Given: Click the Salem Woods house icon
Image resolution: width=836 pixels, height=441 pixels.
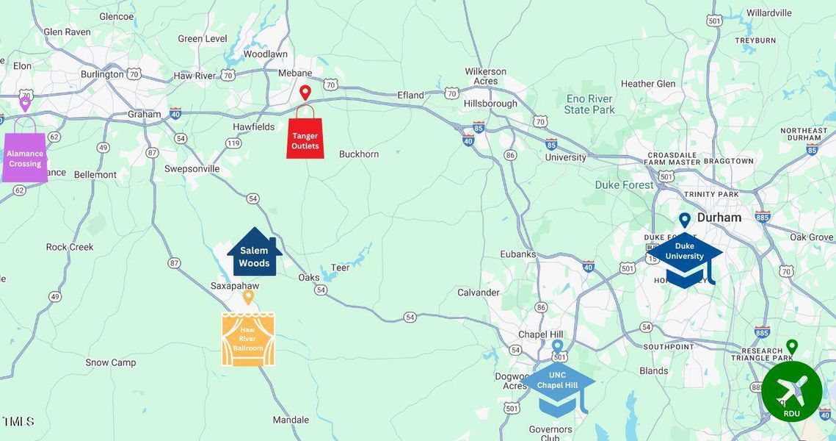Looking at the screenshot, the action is click(x=254, y=254).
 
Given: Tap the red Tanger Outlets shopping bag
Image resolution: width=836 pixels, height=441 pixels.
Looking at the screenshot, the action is click(x=305, y=137).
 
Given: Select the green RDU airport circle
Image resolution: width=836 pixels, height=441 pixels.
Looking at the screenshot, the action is click(x=791, y=391).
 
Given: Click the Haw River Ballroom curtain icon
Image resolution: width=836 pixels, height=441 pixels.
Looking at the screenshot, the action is click(x=248, y=339).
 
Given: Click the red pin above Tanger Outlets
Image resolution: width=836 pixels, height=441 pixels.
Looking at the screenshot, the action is click(x=305, y=93).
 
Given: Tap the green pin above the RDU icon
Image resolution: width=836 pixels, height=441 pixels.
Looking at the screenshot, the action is click(x=791, y=346).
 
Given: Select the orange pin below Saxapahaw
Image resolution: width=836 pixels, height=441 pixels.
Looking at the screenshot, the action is click(x=248, y=297).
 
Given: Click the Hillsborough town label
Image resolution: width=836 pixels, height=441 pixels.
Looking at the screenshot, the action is click(x=490, y=104).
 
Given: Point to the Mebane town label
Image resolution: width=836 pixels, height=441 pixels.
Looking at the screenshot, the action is click(x=295, y=73).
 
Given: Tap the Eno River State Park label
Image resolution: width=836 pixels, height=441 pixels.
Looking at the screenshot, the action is click(x=589, y=104).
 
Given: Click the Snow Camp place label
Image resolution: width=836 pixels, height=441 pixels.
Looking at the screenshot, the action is click(x=111, y=362).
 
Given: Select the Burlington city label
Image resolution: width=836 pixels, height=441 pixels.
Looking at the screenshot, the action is click(x=102, y=74).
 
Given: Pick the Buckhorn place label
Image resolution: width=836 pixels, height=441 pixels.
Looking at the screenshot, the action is click(x=358, y=154).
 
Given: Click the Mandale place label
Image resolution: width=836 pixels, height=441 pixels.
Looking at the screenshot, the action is click(x=291, y=420).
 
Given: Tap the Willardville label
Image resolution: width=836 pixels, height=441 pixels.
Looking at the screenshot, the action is click(x=769, y=12).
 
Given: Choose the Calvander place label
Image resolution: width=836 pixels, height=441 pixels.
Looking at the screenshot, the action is click(x=478, y=293).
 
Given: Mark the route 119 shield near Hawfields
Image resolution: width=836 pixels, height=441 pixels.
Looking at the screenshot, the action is click(x=233, y=143).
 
